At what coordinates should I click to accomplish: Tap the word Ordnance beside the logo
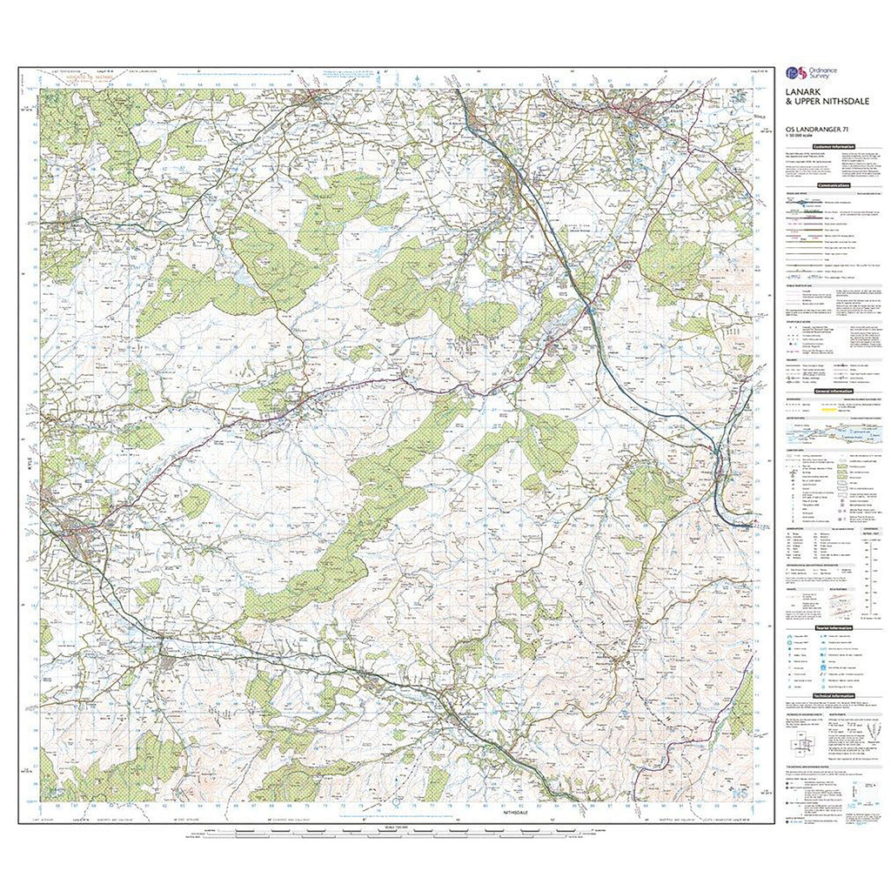tap(817, 70)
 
